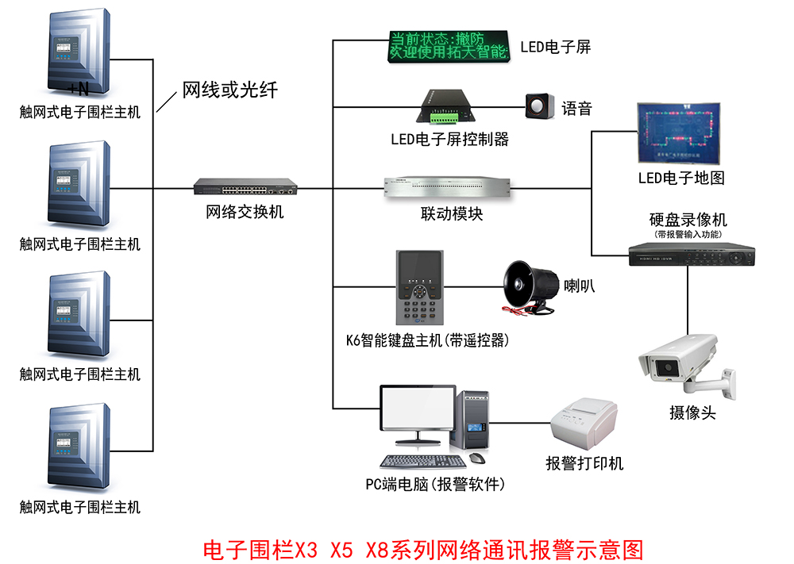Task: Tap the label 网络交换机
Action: [x=245, y=212]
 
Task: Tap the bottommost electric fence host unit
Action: [x=78, y=449]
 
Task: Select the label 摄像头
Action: [x=692, y=412]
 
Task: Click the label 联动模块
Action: [x=451, y=214]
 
